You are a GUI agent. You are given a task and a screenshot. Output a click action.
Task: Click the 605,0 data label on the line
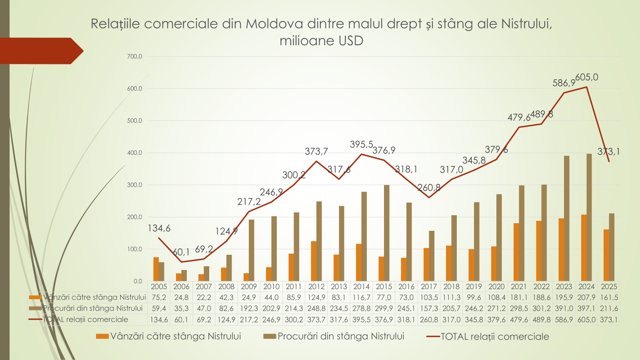(x=587, y=77)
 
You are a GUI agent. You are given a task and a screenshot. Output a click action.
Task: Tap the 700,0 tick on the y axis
(x=135, y=56)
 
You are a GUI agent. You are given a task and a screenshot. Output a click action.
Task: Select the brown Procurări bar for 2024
(x=589, y=217)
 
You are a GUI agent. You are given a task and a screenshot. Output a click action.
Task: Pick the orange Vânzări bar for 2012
(x=314, y=261)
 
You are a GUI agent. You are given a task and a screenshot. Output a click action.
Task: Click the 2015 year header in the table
(x=384, y=286)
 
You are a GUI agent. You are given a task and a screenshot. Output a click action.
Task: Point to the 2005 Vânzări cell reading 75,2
(x=159, y=297)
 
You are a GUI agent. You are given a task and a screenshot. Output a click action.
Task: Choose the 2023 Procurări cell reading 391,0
(x=564, y=308)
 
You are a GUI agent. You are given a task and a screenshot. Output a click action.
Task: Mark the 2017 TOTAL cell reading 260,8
(x=429, y=320)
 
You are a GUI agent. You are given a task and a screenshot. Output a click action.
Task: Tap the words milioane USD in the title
(x=321, y=41)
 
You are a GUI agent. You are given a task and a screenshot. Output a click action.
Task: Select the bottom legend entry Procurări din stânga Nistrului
(x=341, y=336)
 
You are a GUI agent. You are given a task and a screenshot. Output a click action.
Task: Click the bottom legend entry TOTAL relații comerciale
(x=495, y=337)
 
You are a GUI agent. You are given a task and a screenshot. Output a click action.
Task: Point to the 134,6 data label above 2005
(x=159, y=228)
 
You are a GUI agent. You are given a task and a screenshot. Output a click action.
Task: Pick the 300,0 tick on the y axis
(x=135, y=185)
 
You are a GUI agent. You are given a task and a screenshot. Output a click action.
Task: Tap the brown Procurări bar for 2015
(x=386, y=233)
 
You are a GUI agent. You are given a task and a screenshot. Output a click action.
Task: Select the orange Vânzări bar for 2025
(x=606, y=255)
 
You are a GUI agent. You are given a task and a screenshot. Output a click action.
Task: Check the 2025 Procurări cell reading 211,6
(x=609, y=308)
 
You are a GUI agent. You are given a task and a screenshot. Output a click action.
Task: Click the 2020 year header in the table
(x=496, y=286)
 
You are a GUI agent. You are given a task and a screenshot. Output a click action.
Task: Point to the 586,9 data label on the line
(x=564, y=83)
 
